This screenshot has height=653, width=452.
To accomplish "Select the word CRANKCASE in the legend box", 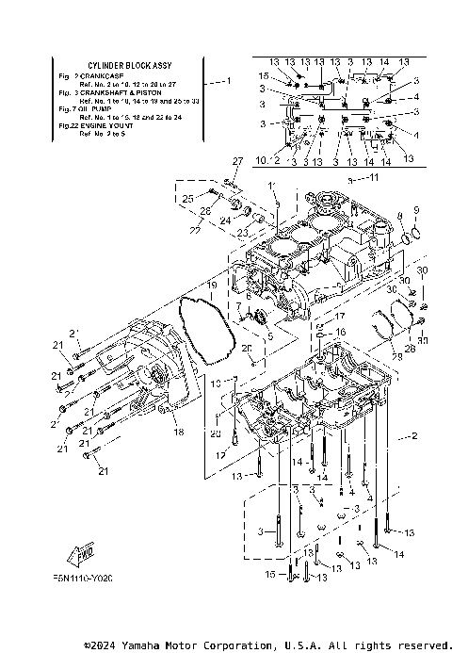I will [x=101, y=75].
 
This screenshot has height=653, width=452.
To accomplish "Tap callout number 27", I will [x=238, y=161].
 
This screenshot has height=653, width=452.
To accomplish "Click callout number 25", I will [x=186, y=198].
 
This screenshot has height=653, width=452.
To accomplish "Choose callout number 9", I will [x=417, y=208].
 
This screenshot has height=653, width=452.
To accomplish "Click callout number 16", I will [x=342, y=332].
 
